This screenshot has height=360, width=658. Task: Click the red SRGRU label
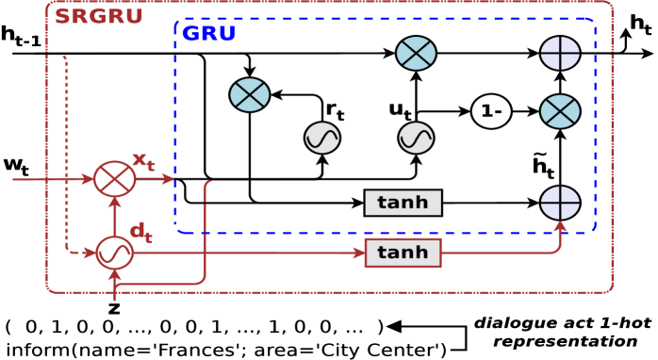(x=99, y=17)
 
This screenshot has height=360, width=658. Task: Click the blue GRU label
(x=208, y=35)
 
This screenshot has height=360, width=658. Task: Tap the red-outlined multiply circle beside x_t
(x=115, y=179)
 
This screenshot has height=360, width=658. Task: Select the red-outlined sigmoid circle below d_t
(x=115, y=253)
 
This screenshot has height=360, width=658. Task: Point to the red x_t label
(x=143, y=161)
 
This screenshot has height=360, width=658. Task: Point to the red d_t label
(x=140, y=231)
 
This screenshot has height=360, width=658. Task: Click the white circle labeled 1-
(x=491, y=111)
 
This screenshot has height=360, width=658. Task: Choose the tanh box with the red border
(x=403, y=253)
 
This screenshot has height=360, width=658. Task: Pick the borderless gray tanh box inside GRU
(x=403, y=203)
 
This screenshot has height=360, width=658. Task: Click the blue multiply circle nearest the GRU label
(x=250, y=94)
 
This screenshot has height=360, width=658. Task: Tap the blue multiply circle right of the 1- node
(x=560, y=111)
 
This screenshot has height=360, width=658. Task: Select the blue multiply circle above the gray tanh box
(x=416, y=53)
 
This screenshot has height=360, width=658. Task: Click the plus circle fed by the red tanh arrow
(x=560, y=203)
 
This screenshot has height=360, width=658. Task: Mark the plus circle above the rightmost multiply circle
(x=560, y=53)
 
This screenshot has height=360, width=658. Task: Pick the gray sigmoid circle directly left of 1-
(x=416, y=138)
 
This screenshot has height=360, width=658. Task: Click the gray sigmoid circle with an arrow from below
(x=322, y=138)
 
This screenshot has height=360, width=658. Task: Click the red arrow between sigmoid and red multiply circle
(x=115, y=217)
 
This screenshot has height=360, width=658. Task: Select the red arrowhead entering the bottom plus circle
(x=560, y=225)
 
